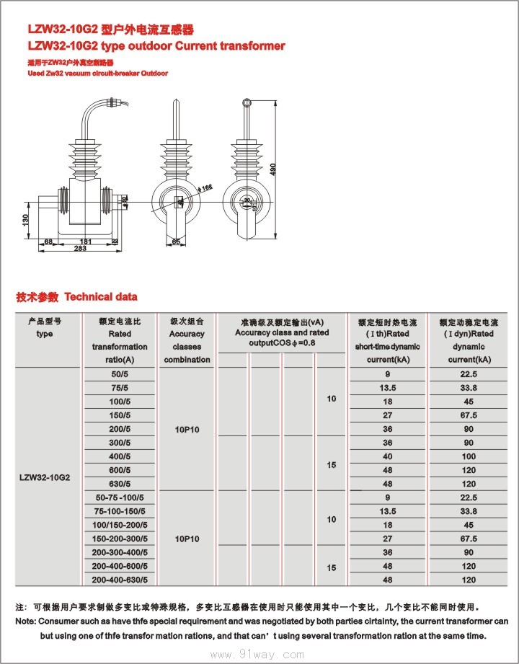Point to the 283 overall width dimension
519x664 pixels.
coord(79,249)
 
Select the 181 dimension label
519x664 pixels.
coord(84,241)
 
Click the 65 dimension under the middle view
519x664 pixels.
coord(177,242)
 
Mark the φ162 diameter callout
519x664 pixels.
coord(206,187)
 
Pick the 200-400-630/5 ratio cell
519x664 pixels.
coord(120,580)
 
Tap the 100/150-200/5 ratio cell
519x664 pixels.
coord(120,525)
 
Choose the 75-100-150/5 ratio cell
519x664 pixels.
coord(120,511)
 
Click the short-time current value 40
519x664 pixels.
coord(388,456)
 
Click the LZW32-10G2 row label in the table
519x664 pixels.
coord(45,477)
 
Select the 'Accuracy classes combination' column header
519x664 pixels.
coord(187,340)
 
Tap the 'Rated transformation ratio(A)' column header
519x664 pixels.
coord(120,340)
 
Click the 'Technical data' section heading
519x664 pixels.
coord(101,297)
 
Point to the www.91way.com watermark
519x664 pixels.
coord(259,655)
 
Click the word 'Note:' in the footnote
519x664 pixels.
coord(26,621)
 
